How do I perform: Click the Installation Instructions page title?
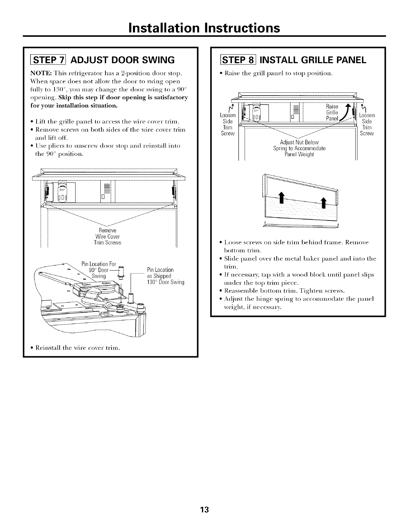click(x=204, y=28)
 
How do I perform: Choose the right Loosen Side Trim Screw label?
click(x=367, y=124)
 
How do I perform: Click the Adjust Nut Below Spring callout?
click(x=299, y=148)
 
